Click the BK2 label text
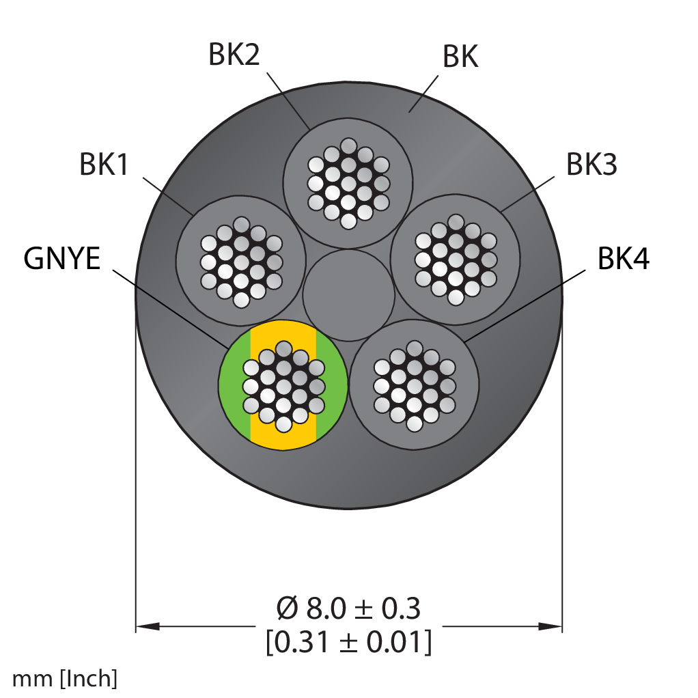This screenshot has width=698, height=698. (x=234, y=55)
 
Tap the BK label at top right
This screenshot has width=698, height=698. (x=460, y=57)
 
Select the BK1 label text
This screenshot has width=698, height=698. (x=104, y=165)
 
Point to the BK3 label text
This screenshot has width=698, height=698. (x=591, y=165)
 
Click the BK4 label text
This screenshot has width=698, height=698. (x=623, y=258)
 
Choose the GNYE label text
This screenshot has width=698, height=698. (x=62, y=258)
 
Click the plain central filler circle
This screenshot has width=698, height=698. (x=348, y=295)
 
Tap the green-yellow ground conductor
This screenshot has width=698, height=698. (x=283, y=385)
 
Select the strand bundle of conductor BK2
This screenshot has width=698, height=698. (x=348, y=184)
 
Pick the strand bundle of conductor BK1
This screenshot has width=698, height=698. (x=241, y=262)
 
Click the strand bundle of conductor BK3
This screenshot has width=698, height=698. (x=456, y=260)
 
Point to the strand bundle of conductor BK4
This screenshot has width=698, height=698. (x=415, y=386)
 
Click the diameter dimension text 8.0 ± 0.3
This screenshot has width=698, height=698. (x=348, y=609)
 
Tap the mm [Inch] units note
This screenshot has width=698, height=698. (x=65, y=679)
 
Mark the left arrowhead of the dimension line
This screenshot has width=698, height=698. (x=148, y=626)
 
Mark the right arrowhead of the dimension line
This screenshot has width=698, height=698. (x=550, y=626)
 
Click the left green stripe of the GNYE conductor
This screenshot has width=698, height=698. (x=234, y=385)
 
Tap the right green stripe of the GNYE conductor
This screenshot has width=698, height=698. (x=332, y=385)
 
